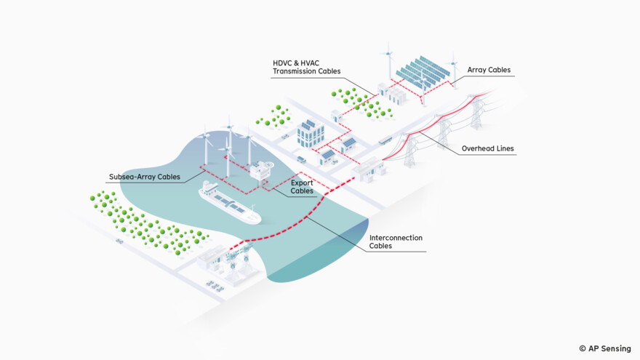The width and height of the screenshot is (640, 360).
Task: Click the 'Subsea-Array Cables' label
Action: click(x=143, y=176)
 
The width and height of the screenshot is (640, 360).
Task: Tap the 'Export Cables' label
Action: click(x=302, y=187)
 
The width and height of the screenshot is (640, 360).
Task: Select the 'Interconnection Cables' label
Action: click(x=396, y=242)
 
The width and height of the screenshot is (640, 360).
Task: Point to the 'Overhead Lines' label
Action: click(x=487, y=149)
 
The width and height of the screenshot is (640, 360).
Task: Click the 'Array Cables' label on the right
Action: click(x=489, y=71)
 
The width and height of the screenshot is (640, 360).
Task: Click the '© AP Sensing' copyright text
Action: click(x=604, y=348)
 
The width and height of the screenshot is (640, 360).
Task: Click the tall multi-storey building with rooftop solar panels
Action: click(x=311, y=134)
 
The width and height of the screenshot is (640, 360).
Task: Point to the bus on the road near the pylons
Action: click(x=386, y=140)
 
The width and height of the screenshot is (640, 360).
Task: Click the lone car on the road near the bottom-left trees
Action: click(x=119, y=241)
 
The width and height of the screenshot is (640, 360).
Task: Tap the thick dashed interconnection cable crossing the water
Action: click(x=291, y=225)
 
